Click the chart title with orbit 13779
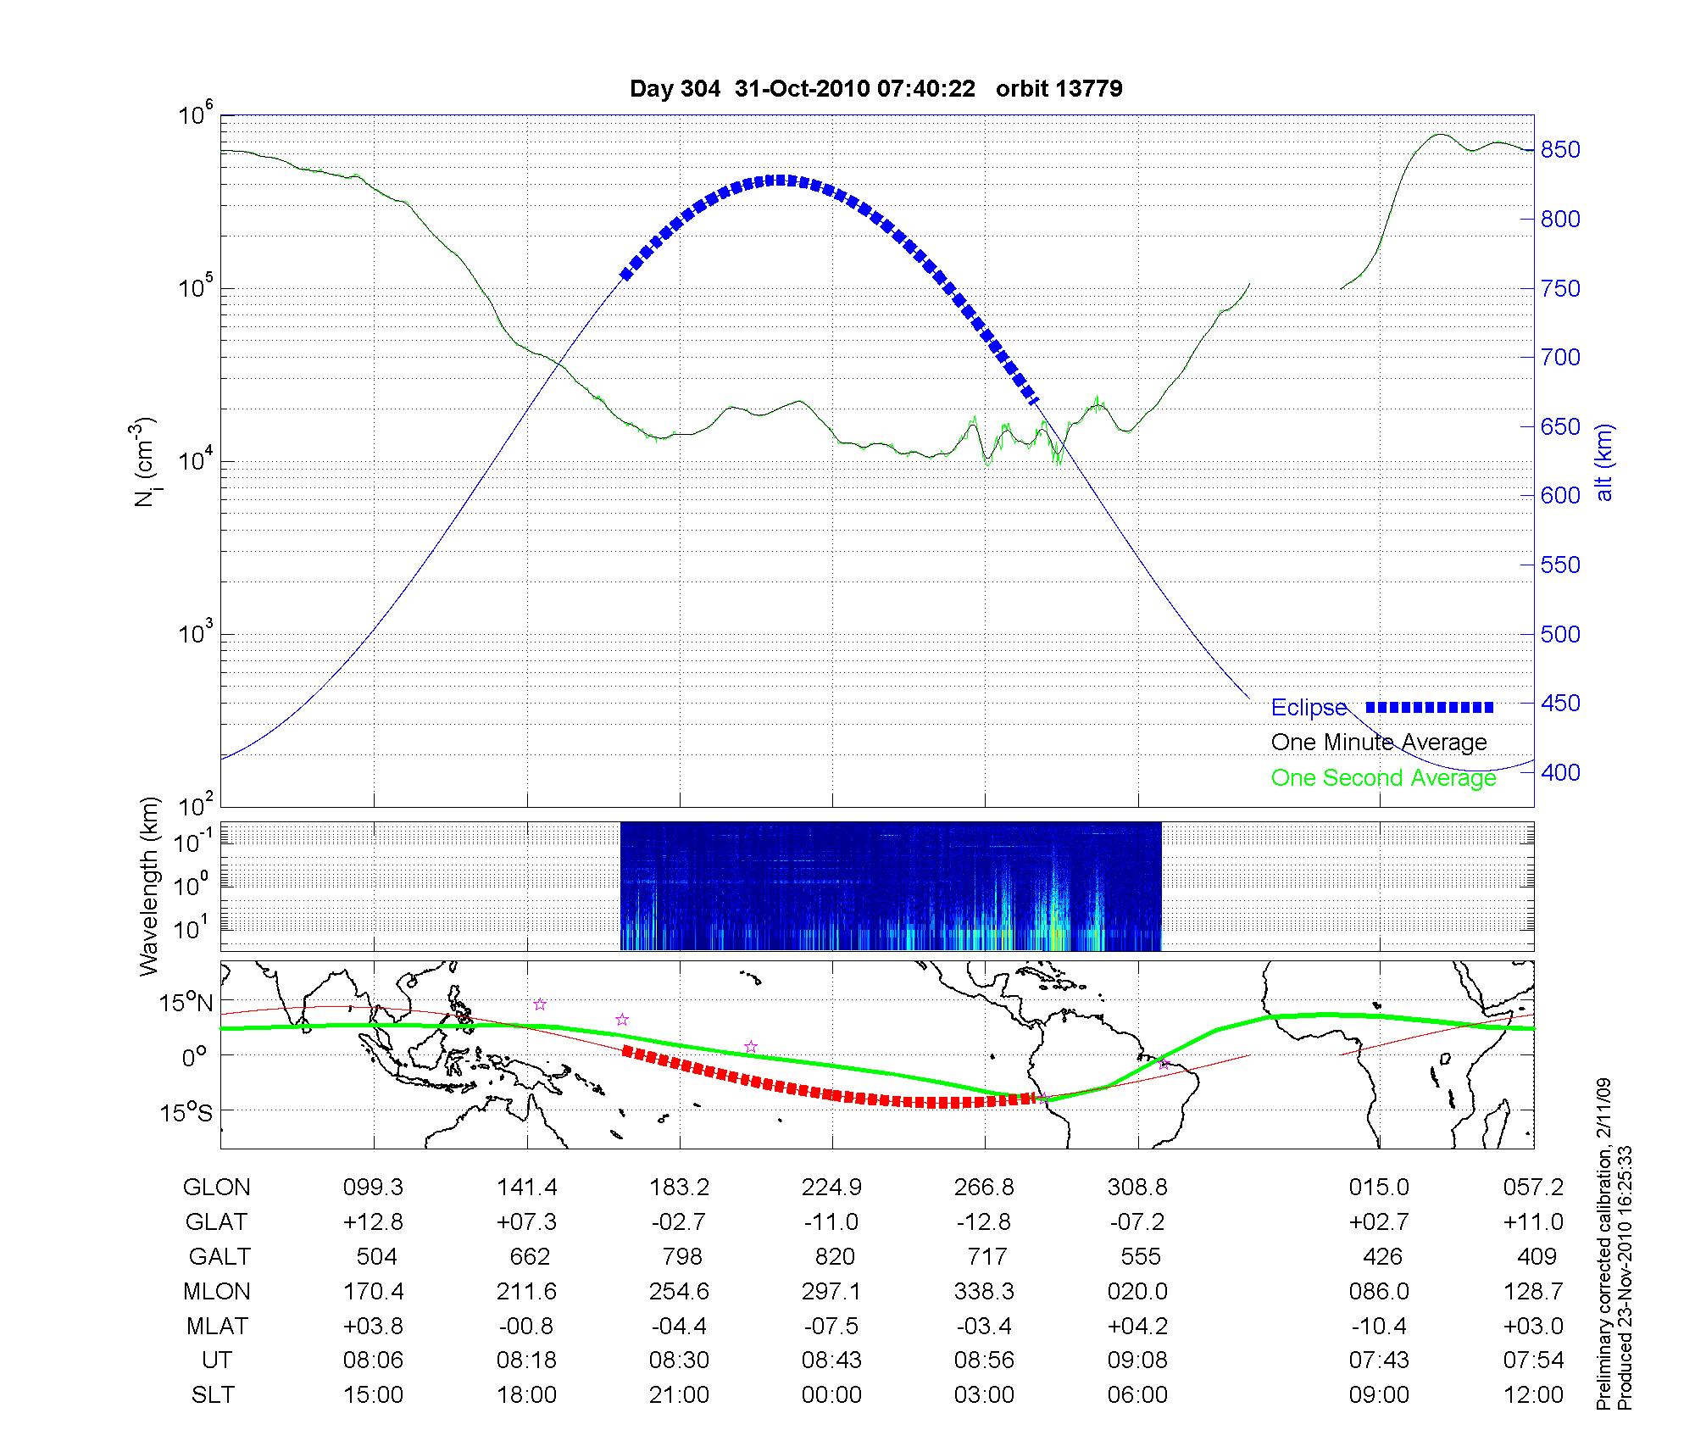[x=875, y=89]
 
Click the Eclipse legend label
[x=1309, y=708]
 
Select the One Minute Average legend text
[x=1379, y=743]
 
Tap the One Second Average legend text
[x=1383, y=778]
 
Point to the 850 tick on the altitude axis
[x=1560, y=150]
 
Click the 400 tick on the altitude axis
[x=1560, y=772]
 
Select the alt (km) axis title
[x=1603, y=462]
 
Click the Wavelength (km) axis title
[x=149, y=886]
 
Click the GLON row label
[x=216, y=1188]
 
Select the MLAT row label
[x=217, y=1326]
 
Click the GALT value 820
[x=834, y=1256]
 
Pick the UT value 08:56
[x=984, y=1360]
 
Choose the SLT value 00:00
[x=831, y=1395]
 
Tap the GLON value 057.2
[x=1533, y=1188]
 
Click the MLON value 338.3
[x=984, y=1292]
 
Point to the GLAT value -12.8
[x=984, y=1222]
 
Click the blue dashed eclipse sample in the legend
[x=1429, y=707]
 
